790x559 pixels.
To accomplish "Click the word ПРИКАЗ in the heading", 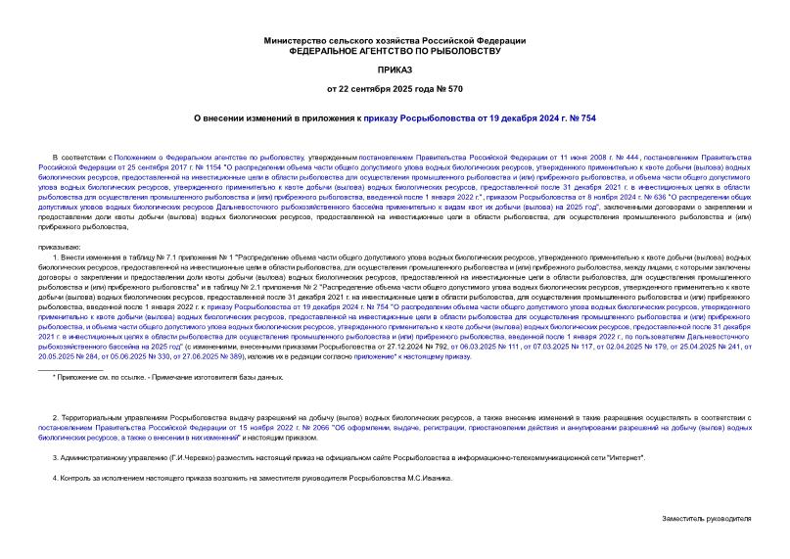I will point(395,70).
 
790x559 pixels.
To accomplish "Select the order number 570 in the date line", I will point(455,90).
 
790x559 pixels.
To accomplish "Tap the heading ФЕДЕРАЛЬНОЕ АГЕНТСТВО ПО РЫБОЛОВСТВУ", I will point(395,50).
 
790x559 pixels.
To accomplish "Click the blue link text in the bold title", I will point(498,117).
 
